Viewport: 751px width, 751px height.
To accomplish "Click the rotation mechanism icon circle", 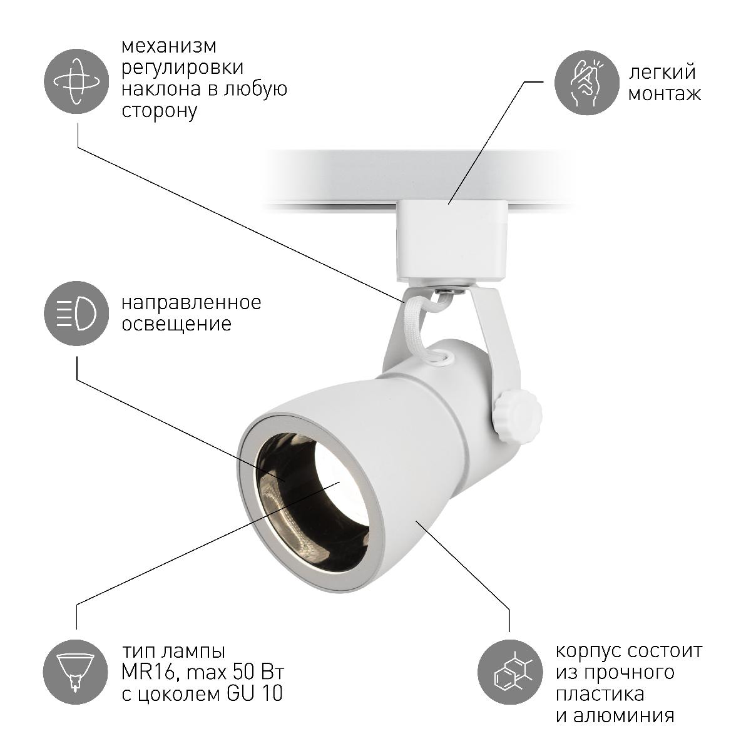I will coord(77,81).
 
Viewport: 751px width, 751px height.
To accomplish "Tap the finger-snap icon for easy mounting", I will coord(587,81).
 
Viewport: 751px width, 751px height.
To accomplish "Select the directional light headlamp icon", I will coord(77,314).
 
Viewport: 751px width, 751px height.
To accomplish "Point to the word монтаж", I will coord(664,94).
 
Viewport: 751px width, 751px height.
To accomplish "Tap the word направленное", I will coord(192,303).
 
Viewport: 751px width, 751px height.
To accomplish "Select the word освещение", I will coord(176,324).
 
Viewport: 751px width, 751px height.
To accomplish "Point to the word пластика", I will coord(600,694).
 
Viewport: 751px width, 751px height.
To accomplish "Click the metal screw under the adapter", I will coord(446,290).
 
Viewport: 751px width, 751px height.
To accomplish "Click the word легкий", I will coord(662,72).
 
